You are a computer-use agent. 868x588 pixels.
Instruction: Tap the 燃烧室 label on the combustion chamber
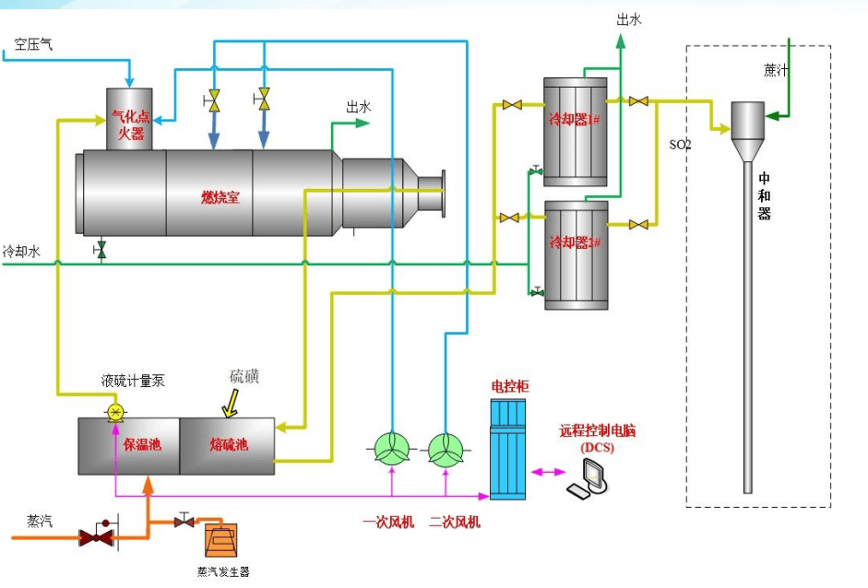click(x=220, y=196)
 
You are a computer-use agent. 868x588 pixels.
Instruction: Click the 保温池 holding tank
click(x=142, y=445)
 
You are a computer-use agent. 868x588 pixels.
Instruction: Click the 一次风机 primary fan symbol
click(x=393, y=449)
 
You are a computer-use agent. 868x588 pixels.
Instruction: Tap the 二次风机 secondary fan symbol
click(x=446, y=449)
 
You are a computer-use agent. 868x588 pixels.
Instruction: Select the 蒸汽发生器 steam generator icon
click(x=222, y=539)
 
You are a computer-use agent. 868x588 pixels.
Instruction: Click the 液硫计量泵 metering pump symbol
click(x=115, y=411)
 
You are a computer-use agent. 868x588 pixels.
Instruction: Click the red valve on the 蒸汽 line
click(x=95, y=535)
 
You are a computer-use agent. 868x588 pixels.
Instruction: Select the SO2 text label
click(x=681, y=145)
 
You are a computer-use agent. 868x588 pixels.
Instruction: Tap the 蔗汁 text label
click(x=776, y=69)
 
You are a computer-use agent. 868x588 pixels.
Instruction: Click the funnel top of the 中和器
click(x=748, y=119)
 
